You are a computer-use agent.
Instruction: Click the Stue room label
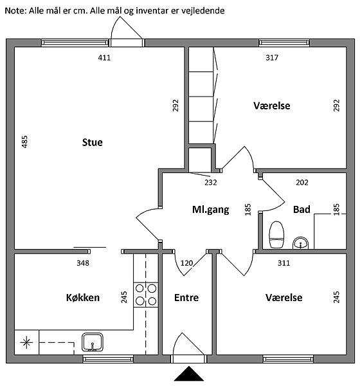coord(93,142)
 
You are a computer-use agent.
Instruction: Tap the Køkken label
coord(83,298)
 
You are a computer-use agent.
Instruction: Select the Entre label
coord(186,298)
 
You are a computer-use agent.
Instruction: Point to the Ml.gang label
coord(211,210)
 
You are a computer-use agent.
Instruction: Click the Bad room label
coord(301,210)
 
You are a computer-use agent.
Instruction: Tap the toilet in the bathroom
coord(276,234)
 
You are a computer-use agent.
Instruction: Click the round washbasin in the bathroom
coord(300,243)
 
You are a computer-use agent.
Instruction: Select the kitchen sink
coord(93,342)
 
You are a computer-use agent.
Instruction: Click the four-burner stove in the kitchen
coord(146,295)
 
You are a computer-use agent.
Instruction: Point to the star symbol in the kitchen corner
coord(26,342)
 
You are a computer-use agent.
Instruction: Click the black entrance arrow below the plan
coord(189,374)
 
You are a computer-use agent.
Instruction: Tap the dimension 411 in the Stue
coord(104,58)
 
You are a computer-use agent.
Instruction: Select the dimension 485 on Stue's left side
coord(24,142)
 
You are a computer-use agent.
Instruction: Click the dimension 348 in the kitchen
coord(83,263)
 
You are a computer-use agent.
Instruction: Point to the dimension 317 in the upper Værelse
coord(272,58)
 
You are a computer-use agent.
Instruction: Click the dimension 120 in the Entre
coord(187,263)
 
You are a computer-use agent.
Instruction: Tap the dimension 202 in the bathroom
coord(302,183)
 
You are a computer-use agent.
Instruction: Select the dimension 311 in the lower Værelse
coord(283,263)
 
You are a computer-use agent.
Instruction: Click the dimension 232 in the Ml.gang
coord(211,183)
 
